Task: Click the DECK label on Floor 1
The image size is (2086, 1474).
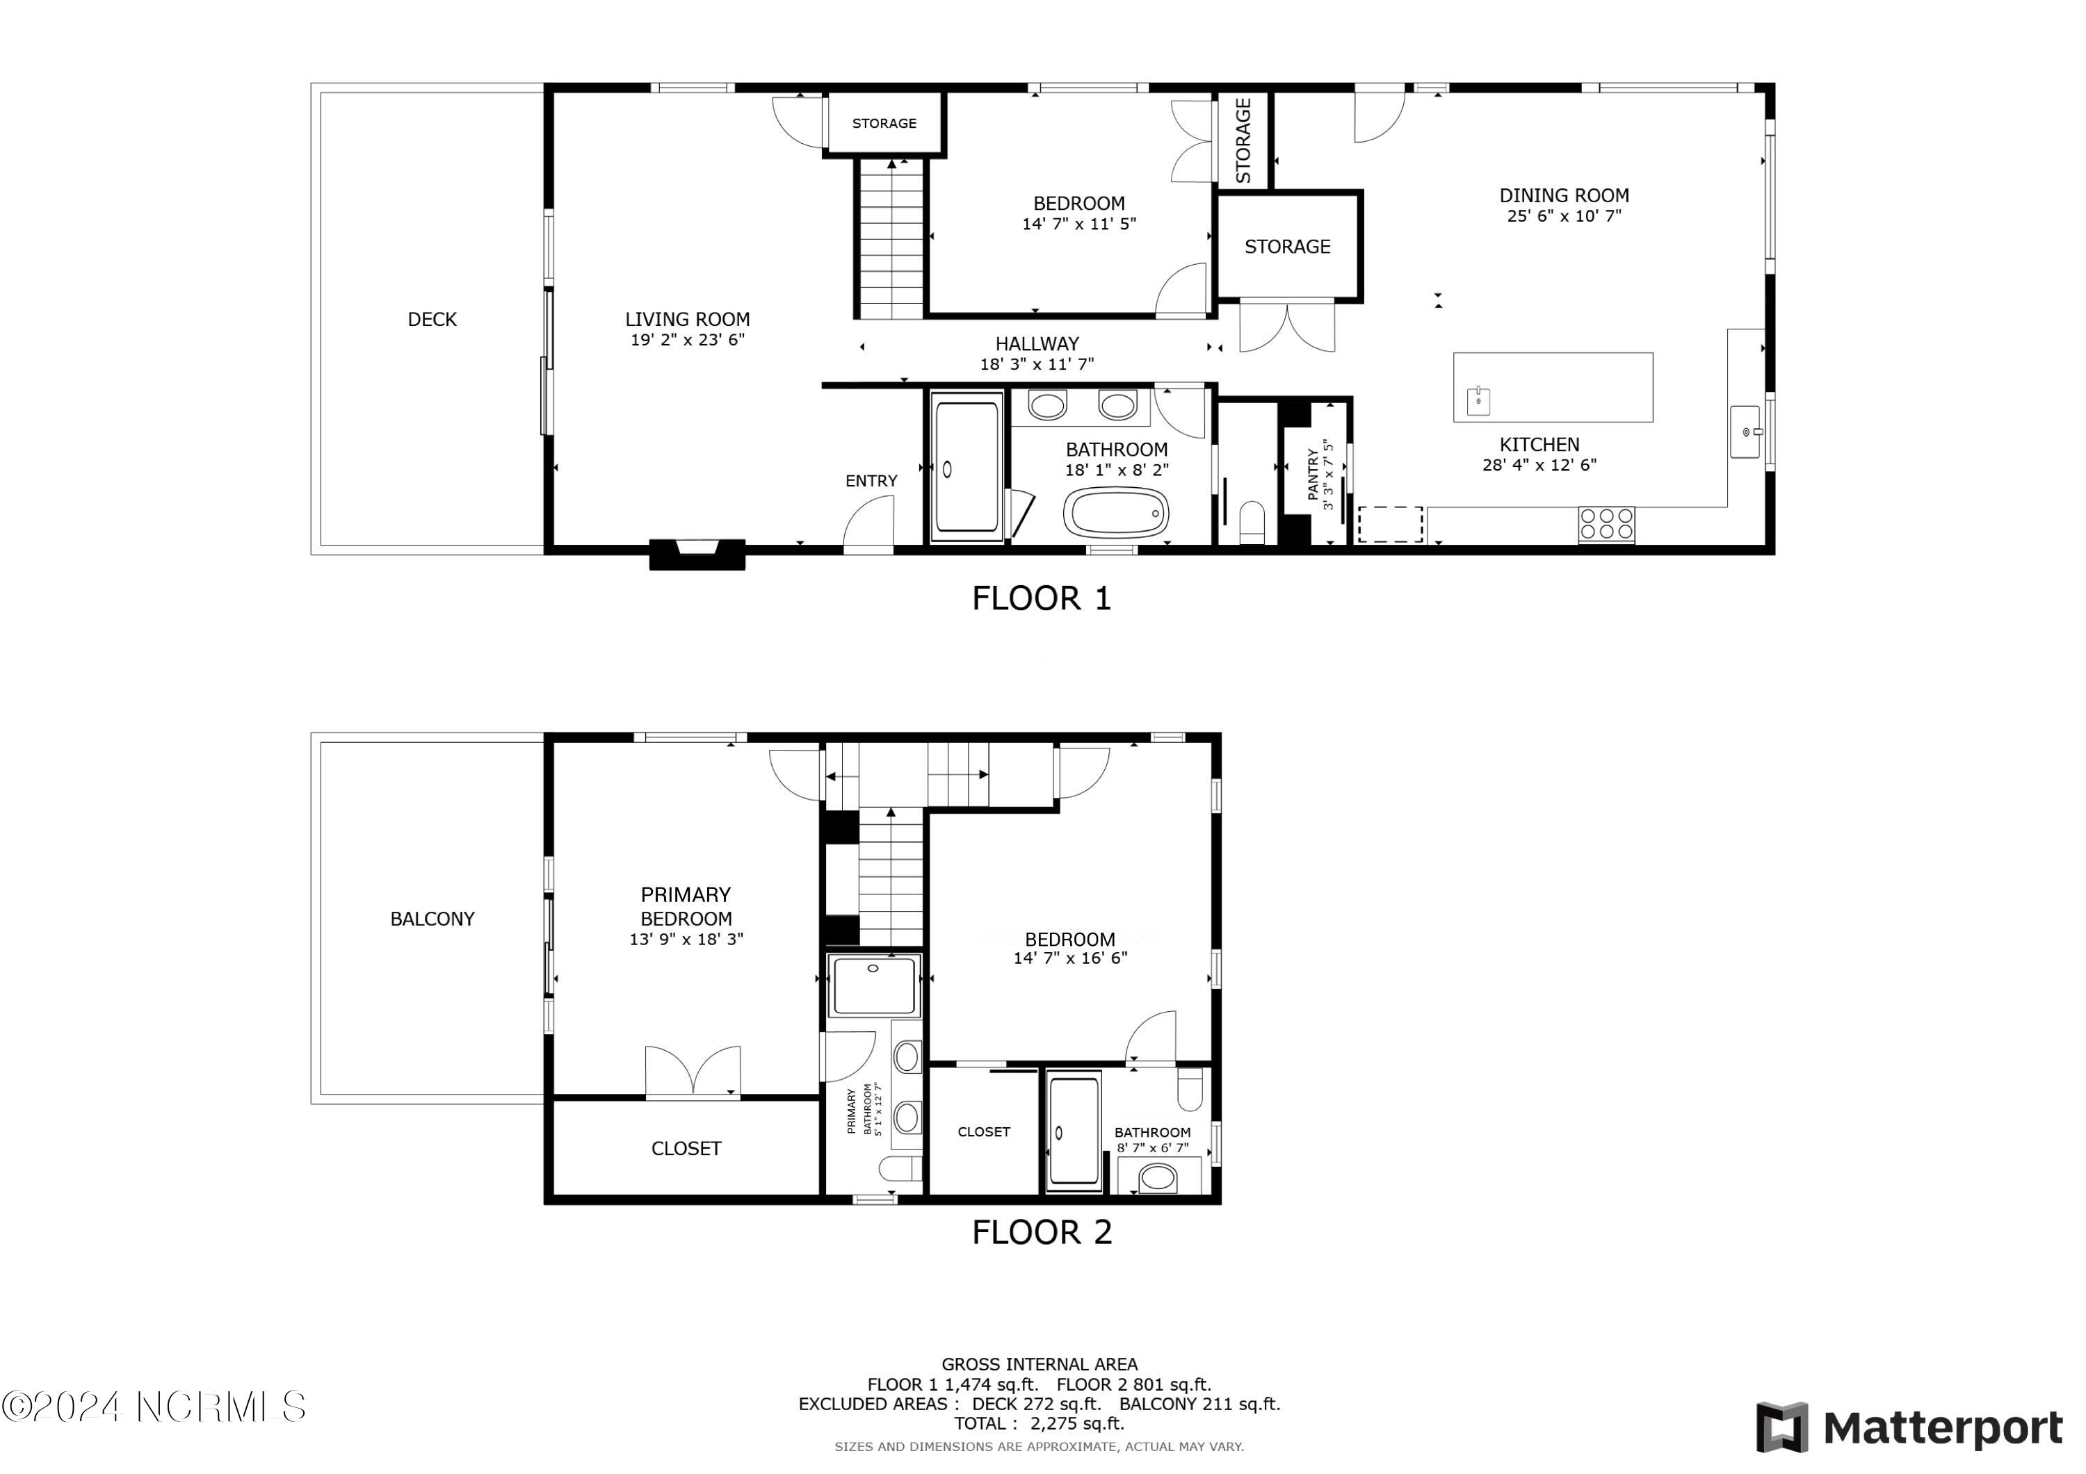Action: pyautogui.click(x=432, y=320)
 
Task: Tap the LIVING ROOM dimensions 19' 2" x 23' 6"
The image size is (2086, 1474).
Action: pyautogui.click(x=688, y=341)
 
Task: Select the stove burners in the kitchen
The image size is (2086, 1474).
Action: pyautogui.click(x=1606, y=524)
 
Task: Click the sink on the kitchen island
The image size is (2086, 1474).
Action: pyautogui.click(x=1478, y=400)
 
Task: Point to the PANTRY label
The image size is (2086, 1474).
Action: pyautogui.click(x=1313, y=473)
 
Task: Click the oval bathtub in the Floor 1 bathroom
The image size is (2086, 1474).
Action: pyautogui.click(x=1117, y=513)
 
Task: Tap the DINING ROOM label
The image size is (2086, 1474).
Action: pyautogui.click(x=1564, y=195)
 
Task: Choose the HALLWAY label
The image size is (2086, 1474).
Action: pyautogui.click(x=1037, y=344)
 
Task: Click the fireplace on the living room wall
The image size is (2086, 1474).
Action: pyautogui.click(x=697, y=554)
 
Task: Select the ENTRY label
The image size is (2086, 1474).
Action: pyautogui.click(x=871, y=482)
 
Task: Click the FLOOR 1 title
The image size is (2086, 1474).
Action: pyautogui.click(x=1041, y=598)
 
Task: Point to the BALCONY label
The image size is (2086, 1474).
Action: pyautogui.click(x=432, y=919)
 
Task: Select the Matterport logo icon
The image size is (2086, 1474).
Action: pyautogui.click(x=1781, y=1427)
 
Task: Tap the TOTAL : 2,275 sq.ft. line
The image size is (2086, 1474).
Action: pyautogui.click(x=1040, y=1424)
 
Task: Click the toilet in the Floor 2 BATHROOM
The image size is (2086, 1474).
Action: pyautogui.click(x=1190, y=1090)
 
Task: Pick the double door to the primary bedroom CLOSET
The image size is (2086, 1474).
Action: pyautogui.click(x=693, y=1072)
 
